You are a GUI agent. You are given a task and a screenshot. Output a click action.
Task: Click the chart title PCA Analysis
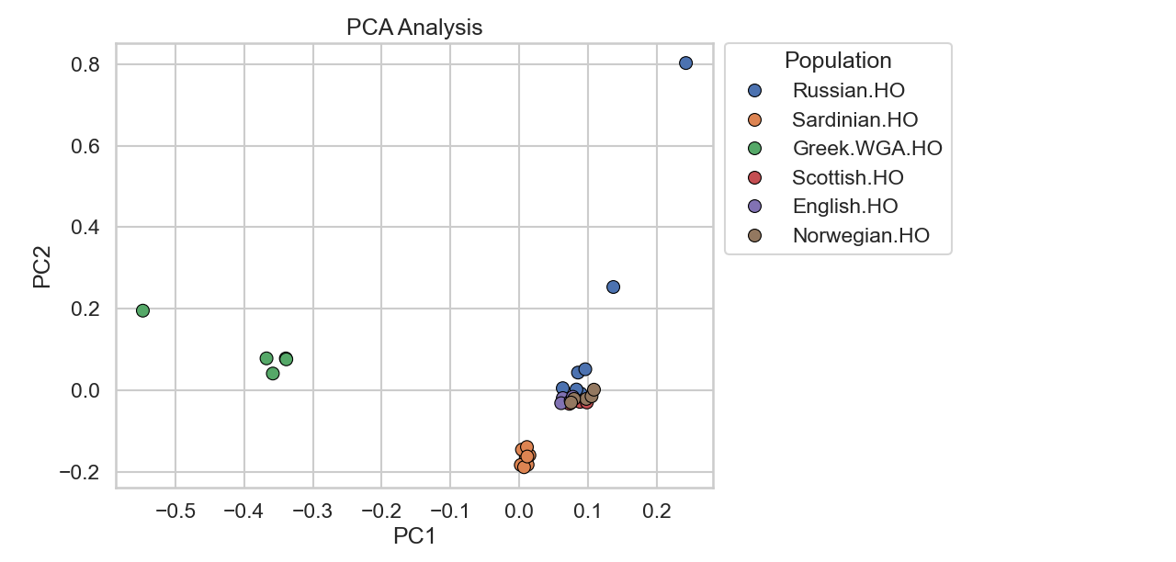coord(413,28)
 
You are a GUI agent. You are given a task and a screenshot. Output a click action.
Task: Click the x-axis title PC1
coord(413,536)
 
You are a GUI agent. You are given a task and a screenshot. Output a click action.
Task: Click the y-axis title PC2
coord(42,266)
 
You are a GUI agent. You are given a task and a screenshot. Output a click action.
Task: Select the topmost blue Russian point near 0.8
coord(685,62)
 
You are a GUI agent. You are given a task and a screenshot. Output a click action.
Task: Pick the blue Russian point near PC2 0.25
coord(613,287)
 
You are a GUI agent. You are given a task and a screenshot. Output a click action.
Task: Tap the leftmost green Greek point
coord(142,310)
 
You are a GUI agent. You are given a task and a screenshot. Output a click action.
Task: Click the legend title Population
coord(837,61)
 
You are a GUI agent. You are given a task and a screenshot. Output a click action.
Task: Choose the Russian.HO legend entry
coord(848,90)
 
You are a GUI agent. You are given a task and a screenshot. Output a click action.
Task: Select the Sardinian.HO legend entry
coord(854,119)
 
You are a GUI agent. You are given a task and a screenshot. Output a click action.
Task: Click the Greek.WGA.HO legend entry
coord(866,148)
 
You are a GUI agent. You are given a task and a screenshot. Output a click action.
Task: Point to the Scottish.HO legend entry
coord(847,177)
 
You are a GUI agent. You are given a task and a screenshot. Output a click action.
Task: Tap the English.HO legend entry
coord(844,206)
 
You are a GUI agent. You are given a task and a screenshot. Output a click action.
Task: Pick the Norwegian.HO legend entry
coord(860,235)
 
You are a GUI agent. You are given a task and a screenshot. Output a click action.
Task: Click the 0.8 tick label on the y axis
coord(85,64)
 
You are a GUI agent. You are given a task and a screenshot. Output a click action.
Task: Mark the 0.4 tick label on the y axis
coord(85,227)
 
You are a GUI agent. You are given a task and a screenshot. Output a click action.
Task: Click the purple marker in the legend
coord(755,207)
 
